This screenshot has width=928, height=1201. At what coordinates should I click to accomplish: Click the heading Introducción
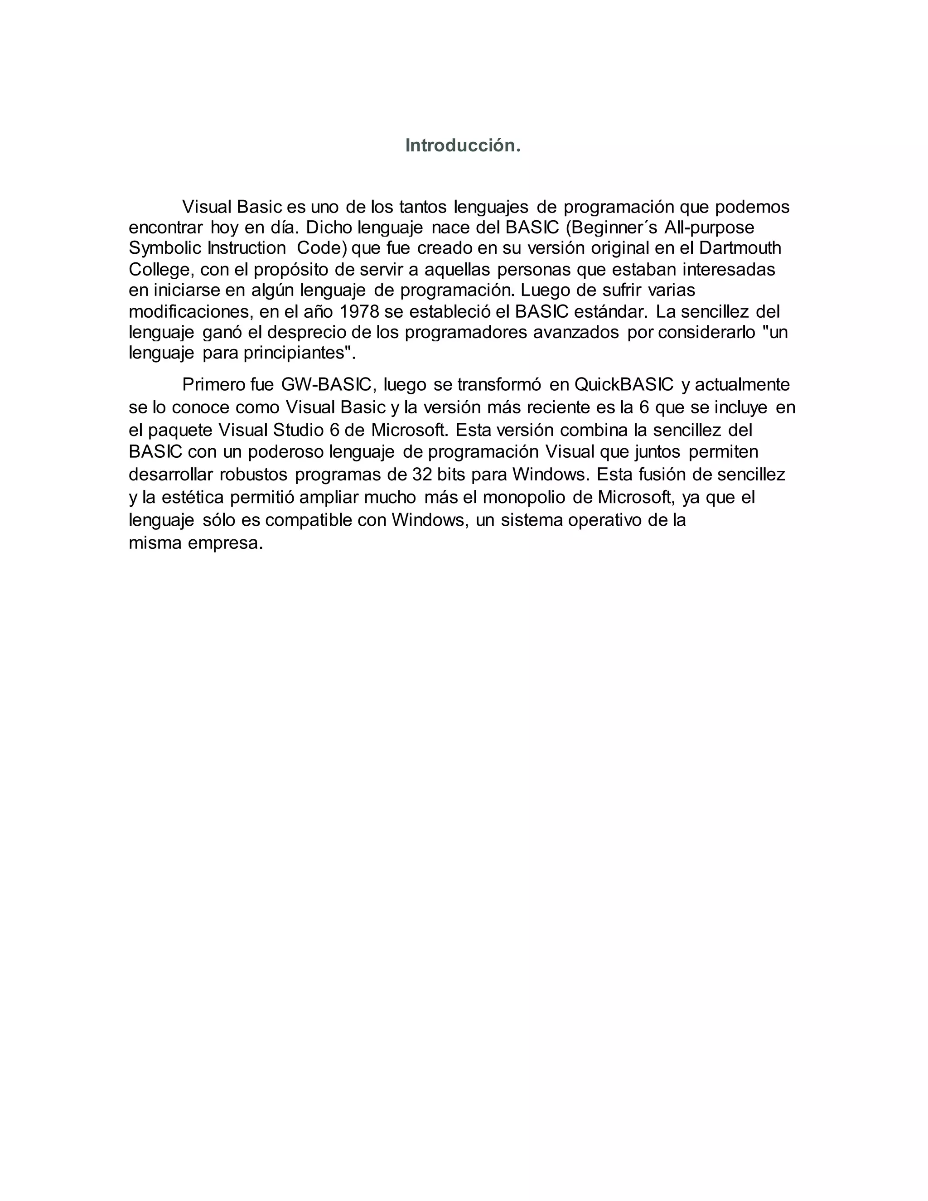(x=462, y=146)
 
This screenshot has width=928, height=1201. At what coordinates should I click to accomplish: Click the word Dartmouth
(x=740, y=248)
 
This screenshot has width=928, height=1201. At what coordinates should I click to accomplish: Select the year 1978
(x=359, y=312)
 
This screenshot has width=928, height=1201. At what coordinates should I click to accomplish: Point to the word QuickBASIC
(x=623, y=384)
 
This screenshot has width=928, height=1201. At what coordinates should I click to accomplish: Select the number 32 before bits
(x=422, y=474)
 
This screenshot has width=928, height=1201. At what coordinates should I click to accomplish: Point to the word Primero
(x=215, y=384)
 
